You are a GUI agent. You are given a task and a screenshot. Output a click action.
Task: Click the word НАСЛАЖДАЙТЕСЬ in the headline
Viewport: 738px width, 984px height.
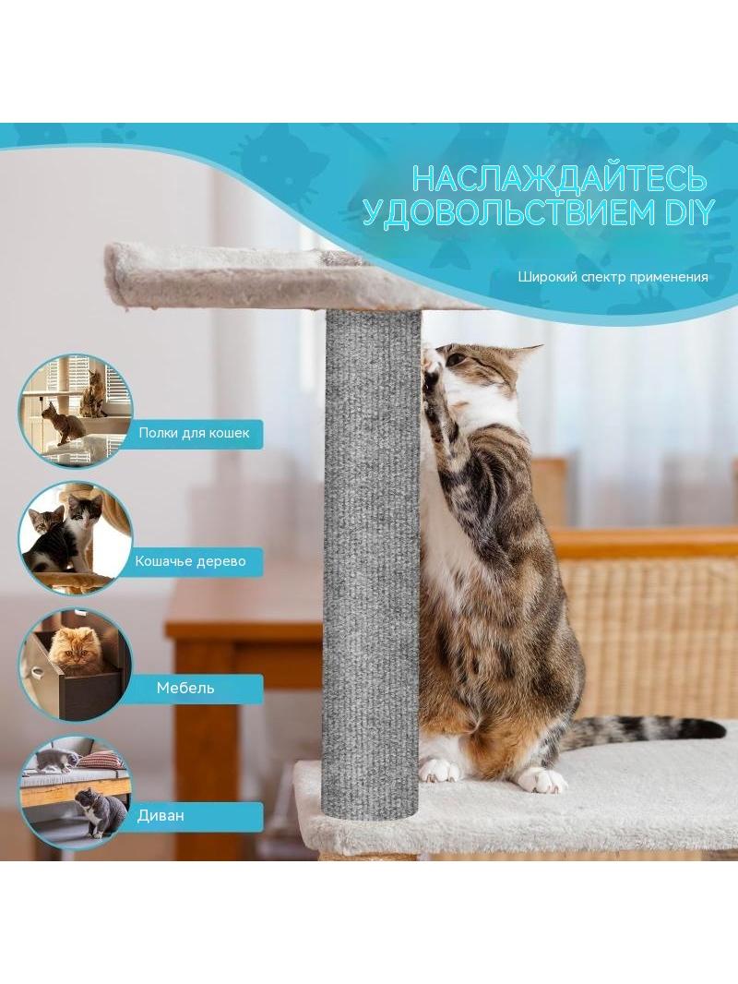(x=559, y=178)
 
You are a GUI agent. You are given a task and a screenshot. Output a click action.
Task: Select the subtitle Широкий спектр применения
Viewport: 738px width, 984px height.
(x=613, y=277)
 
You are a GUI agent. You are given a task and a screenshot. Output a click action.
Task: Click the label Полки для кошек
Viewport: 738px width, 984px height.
(x=194, y=432)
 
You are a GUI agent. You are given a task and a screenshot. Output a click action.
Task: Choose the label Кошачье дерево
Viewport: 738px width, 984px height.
(x=191, y=560)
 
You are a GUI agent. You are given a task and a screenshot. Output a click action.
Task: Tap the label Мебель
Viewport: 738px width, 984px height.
(x=185, y=688)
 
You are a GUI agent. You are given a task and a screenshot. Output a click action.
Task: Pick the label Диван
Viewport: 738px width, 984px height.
(x=161, y=815)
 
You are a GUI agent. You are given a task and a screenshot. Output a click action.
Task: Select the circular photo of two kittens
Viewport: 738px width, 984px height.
(x=75, y=538)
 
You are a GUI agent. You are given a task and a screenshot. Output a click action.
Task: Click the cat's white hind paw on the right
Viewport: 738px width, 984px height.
(x=542, y=779)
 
